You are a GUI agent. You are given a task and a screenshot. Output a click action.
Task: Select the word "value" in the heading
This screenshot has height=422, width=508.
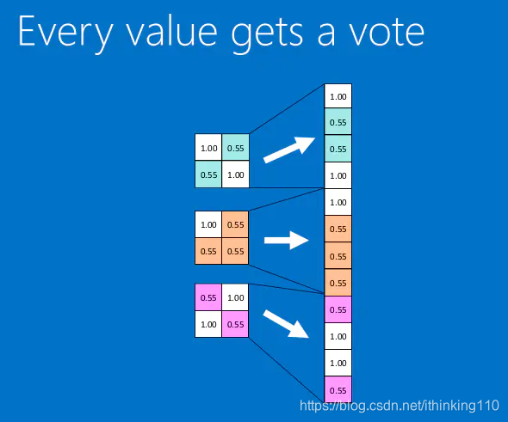tap(171, 31)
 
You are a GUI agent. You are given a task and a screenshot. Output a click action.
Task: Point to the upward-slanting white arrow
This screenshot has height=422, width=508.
tap(289, 150)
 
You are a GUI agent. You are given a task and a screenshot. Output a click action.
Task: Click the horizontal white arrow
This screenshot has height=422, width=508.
tap(287, 241)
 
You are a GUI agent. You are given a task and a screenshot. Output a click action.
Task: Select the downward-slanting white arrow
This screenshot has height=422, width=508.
tap(286, 324)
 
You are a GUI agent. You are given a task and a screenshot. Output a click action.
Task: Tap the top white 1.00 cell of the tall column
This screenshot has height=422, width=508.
tap(338, 96)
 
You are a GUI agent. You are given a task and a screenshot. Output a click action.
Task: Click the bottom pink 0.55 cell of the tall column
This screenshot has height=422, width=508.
tap(338, 389)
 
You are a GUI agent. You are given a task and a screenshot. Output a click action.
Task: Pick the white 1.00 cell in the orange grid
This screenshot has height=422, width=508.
tap(208, 224)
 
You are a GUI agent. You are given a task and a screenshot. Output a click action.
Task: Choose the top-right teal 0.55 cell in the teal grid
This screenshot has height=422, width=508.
tap(236, 148)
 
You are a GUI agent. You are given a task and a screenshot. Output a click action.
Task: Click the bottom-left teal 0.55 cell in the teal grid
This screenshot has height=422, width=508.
tap(208, 174)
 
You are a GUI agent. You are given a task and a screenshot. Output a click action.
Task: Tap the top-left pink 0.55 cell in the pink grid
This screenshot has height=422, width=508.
tap(208, 297)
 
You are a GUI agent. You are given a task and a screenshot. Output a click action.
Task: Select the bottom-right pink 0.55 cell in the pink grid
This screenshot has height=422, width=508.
tap(235, 324)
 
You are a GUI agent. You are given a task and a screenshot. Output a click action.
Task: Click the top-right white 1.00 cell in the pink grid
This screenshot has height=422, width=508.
tap(235, 297)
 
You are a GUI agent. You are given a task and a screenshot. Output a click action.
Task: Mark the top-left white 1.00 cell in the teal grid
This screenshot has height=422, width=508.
tap(208, 148)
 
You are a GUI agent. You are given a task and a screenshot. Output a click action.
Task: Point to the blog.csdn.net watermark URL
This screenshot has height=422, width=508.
tap(400, 406)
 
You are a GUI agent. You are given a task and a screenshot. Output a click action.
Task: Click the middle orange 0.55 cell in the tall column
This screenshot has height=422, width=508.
tap(338, 255)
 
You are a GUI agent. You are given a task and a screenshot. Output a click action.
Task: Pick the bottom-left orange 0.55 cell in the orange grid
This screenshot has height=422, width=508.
tap(208, 251)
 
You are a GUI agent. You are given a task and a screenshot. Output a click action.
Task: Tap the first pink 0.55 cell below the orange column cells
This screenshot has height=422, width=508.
tap(338, 309)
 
